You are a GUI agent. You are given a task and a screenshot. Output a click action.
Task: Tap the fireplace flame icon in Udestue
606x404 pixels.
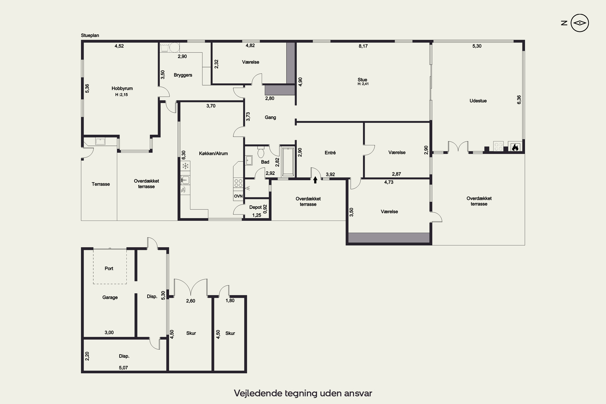click(x=515, y=147)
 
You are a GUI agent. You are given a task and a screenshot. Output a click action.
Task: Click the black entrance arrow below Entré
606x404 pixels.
click(x=315, y=180)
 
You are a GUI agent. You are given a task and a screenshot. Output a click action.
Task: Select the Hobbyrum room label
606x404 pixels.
click(x=122, y=88)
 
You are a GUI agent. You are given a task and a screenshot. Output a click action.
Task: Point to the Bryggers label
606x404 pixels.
click(x=183, y=75)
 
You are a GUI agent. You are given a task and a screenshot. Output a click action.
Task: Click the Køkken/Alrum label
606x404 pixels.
click(x=213, y=154)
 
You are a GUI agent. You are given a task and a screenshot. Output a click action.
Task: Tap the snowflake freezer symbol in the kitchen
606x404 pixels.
click(x=185, y=166)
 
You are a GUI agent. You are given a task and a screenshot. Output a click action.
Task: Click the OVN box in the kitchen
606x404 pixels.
click(x=238, y=196)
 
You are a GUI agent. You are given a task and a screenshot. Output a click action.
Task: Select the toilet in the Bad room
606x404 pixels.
click(x=261, y=152)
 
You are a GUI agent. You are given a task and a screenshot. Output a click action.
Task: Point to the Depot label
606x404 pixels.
click(x=255, y=207)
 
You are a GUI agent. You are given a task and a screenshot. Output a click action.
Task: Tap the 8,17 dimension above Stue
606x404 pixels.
click(x=363, y=46)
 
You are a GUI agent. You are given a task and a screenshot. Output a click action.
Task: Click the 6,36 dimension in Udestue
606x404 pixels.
click(x=519, y=100)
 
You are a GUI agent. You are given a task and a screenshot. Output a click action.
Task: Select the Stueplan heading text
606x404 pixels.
click(x=90, y=36)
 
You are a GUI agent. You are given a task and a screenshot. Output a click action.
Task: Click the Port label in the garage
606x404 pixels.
click(x=109, y=268)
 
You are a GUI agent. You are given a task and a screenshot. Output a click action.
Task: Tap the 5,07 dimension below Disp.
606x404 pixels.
click(x=123, y=368)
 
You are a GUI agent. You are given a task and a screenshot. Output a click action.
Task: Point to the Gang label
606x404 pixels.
click(x=270, y=118)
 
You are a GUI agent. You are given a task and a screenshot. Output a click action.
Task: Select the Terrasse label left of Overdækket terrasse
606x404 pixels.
click(x=101, y=184)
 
